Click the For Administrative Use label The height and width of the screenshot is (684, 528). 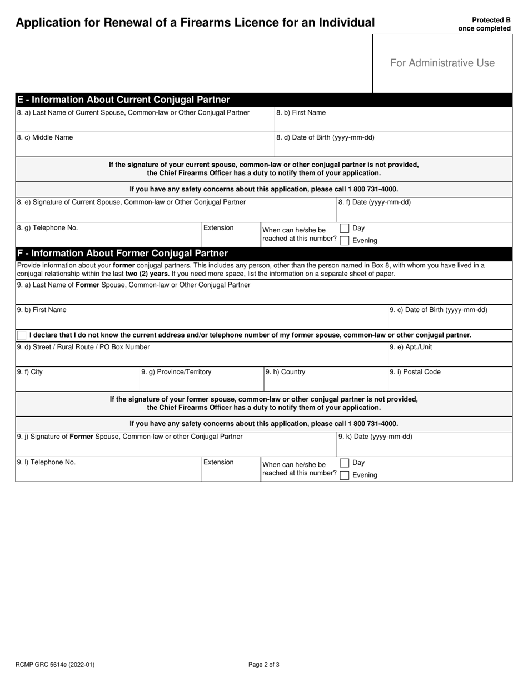(442, 63)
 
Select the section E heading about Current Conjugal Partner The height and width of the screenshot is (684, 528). (123, 100)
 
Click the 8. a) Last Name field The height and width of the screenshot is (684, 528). (145, 123)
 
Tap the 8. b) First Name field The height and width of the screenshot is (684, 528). (393, 123)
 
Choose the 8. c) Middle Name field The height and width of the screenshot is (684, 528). (145, 148)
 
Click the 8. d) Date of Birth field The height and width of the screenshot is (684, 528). (393, 148)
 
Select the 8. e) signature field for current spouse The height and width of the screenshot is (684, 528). (176, 213)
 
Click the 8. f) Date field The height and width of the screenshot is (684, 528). (424, 213)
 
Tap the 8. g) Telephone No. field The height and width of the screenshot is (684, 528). (108, 238)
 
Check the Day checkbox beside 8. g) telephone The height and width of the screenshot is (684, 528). (345, 229)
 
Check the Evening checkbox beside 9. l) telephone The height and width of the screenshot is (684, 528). (345, 475)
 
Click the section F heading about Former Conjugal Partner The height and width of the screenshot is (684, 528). (122, 254)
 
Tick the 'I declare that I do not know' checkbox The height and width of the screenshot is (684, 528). (22, 335)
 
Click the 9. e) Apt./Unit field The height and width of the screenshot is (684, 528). (450, 357)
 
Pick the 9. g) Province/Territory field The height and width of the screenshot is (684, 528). (201, 382)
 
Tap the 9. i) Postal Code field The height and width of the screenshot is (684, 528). (450, 382)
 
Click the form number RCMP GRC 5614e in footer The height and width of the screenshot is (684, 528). (51, 664)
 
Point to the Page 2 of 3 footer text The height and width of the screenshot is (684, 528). (263, 664)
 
